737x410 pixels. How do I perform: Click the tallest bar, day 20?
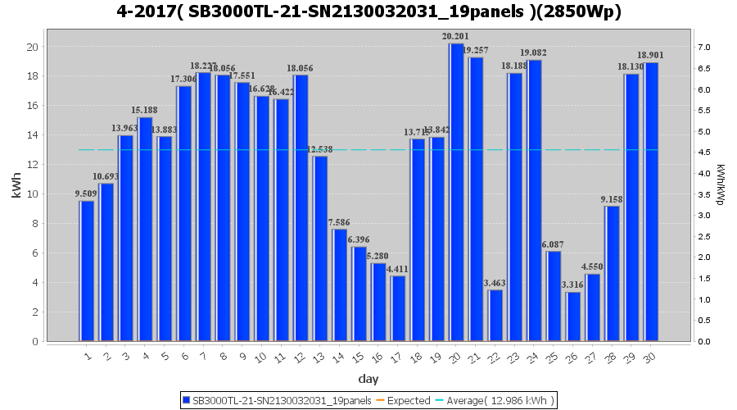click(457, 192)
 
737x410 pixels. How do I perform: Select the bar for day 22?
click(495, 315)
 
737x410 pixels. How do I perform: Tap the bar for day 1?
click(87, 271)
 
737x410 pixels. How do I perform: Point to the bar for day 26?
click(573, 317)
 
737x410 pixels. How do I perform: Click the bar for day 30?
click(651, 202)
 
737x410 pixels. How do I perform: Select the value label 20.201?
click(455, 36)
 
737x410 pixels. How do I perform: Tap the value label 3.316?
click(572, 285)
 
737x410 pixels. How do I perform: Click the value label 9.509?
click(86, 194)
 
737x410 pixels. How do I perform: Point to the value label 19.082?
click(533, 52)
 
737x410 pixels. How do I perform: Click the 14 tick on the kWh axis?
click(33, 134)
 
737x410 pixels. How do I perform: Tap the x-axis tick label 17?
click(397, 357)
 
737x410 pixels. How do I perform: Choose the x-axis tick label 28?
click(612, 357)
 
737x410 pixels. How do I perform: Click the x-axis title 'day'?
click(368, 378)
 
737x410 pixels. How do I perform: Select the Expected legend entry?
click(408, 400)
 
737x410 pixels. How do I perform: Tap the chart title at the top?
click(368, 12)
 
